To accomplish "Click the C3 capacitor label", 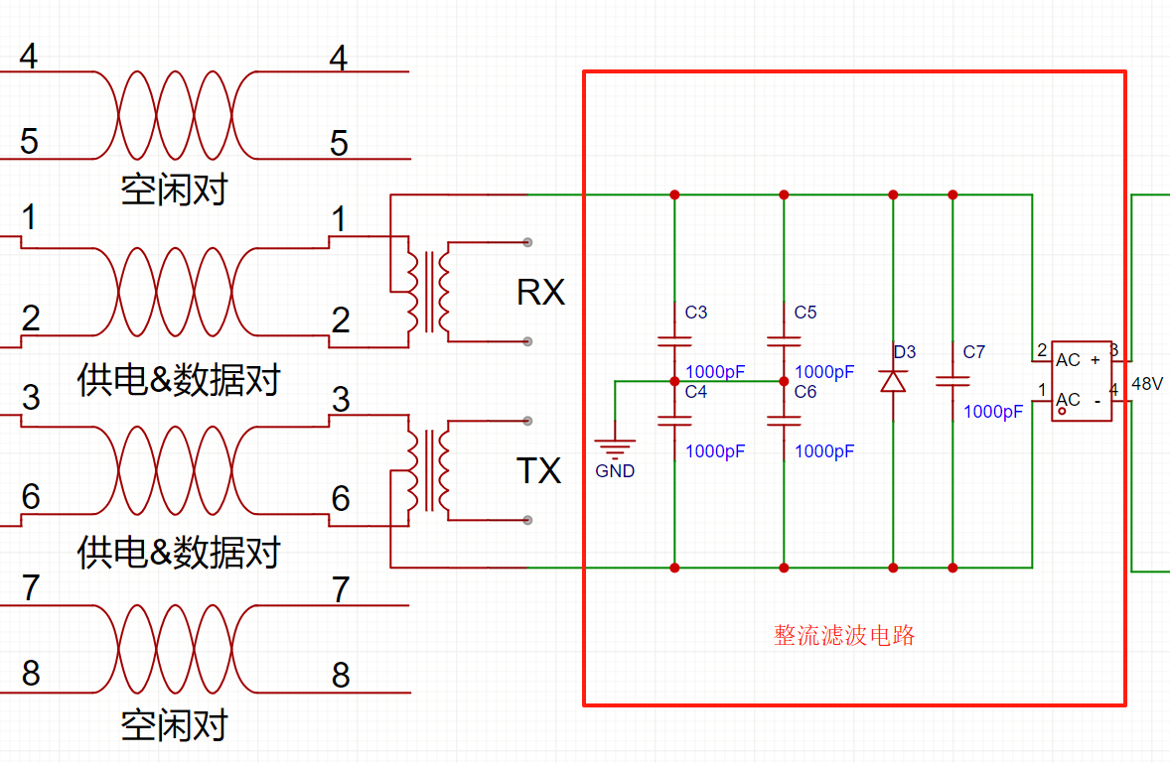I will pyautogui.click(x=695, y=313).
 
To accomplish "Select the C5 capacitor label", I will pyautogui.click(x=804, y=313).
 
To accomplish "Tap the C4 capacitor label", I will pyautogui.click(x=695, y=392).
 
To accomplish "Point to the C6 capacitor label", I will pyautogui.click(x=804, y=392).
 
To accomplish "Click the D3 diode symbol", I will pyautogui.click(x=894, y=380).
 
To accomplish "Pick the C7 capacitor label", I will pyautogui.click(x=973, y=352).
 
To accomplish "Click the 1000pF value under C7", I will pyautogui.click(x=993, y=412).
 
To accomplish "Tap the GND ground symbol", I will pyautogui.click(x=615, y=452).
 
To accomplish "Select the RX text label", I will pyautogui.click(x=540, y=293).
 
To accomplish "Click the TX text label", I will pyautogui.click(x=539, y=471).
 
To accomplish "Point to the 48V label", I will pyautogui.click(x=1146, y=384).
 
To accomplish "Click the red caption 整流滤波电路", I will pyautogui.click(x=844, y=636).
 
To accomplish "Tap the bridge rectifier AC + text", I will pyautogui.click(x=1078, y=360).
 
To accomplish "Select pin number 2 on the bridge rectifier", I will pyautogui.click(x=1042, y=350).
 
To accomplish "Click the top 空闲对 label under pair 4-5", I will pyautogui.click(x=174, y=189).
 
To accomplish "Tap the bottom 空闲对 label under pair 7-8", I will pyautogui.click(x=174, y=725).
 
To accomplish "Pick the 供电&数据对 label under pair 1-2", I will pyautogui.click(x=179, y=380).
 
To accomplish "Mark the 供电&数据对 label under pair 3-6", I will pyautogui.click(x=179, y=552).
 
